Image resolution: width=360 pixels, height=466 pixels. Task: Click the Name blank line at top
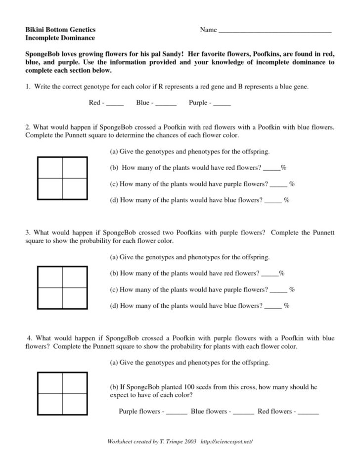coord(274,32)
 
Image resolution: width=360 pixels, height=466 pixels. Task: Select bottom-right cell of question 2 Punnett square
coord(75,188)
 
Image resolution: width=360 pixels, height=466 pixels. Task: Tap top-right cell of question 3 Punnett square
coord(75,276)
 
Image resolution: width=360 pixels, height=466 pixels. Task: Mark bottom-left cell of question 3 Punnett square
coord(50,297)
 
